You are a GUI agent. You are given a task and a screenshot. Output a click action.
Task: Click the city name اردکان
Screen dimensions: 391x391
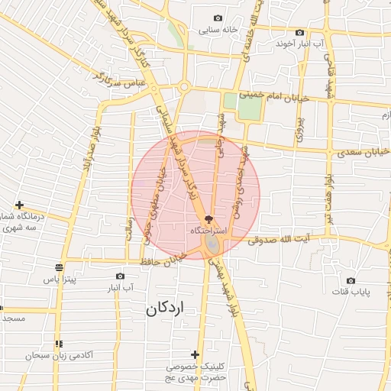coord(166,309)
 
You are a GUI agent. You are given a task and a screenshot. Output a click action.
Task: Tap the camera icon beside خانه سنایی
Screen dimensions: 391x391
coord(218,18)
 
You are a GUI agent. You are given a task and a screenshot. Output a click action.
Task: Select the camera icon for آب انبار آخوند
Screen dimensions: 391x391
coord(299,32)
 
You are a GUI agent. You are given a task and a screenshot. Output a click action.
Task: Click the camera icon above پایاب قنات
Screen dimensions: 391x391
coord(351,280)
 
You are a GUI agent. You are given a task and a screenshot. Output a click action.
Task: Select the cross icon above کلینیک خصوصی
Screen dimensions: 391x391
coord(195,354)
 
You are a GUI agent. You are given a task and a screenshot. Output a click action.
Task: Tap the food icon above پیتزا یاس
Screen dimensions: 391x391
coord(59,267)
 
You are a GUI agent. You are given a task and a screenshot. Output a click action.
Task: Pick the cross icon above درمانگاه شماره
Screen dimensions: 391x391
coord(19,205)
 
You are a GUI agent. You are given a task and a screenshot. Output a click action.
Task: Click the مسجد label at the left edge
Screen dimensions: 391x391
coord(12,317)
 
